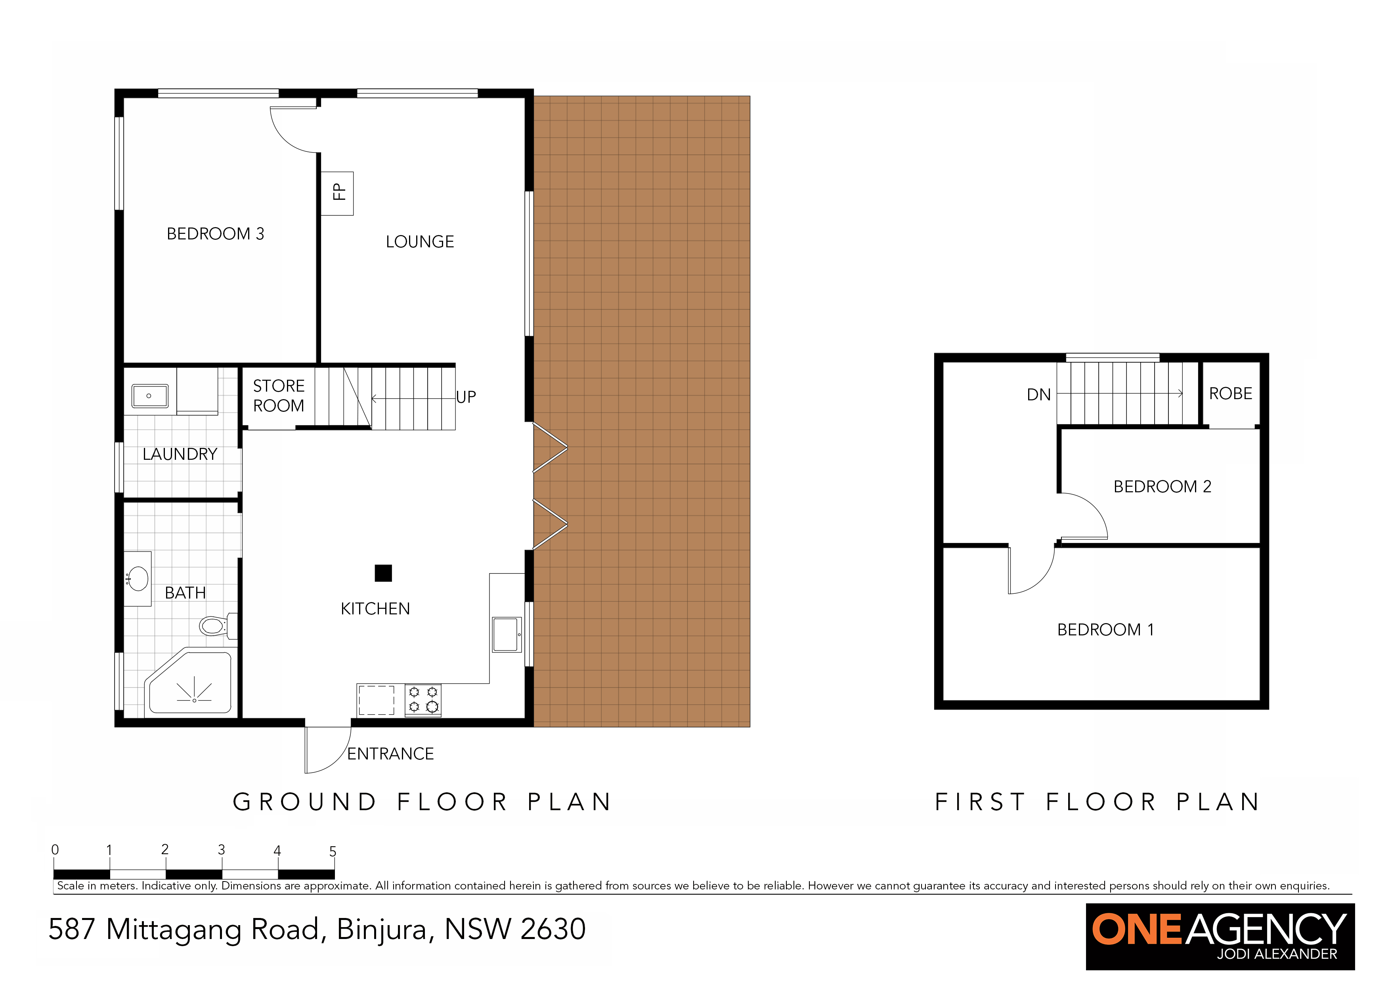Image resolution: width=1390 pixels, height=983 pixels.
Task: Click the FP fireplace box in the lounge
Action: click(x=337, y=193)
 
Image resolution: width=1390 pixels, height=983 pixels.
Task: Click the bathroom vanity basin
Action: click(x=138, y=579)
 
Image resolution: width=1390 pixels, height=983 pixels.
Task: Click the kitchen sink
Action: click(x=507, y=634)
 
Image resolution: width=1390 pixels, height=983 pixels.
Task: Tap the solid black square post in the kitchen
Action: click(x=383, y=573)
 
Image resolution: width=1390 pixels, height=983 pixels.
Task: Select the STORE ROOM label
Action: click(x=279, y=396)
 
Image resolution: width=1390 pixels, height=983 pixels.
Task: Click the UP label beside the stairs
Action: click(x=466, y=397)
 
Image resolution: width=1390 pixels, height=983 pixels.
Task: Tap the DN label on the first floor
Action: click(x=1039, y=395)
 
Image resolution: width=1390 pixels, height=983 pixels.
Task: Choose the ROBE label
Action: click(x=1230, y=394)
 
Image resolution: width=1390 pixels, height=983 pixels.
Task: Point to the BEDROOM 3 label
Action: click(x=216, y=233)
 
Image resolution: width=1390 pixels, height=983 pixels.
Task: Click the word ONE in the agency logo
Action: click(x=1138, y=929)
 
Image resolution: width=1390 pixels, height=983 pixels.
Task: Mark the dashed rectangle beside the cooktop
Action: click(x=377, y=700)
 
